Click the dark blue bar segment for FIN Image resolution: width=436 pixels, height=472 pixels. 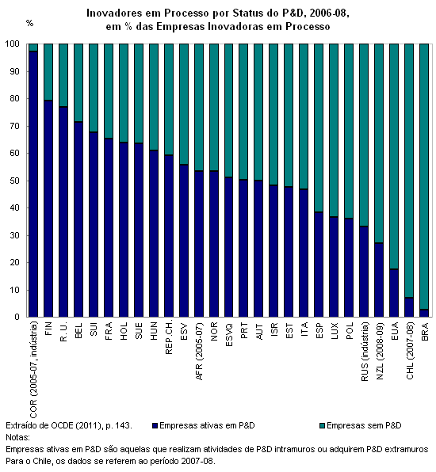pyautogui.click(x=48, y=208)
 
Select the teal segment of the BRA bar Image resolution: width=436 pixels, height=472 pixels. pyautogui.click(x=424, y=177)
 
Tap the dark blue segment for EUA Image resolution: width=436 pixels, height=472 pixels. pyautogui.click(x=394, y=293)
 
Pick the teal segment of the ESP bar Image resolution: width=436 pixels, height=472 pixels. pyautogui.click(x=319, y=128)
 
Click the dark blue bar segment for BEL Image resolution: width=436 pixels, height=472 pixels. pyautogui.click(x=78, y=219)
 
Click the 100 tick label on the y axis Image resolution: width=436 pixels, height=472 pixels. pyautogui.click(x=12, y=44)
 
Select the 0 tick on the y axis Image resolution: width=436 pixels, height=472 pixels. pyautogui.click(x=17, y=317)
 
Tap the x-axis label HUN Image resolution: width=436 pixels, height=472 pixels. pyautogui.click(x=153, y=331)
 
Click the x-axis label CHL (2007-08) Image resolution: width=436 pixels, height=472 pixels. pyautogui.click(x=410, y=351)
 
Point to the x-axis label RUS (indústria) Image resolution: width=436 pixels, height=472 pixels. pyautogui.click(x=365, y=352)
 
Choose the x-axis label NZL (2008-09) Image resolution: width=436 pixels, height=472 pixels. pyautogui.click(x=380, y=351)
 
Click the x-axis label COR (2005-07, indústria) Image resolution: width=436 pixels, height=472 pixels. pyautogui.click(x=33, y=370)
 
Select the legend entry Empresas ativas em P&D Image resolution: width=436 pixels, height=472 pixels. pyautogui.click(x=204, y=425)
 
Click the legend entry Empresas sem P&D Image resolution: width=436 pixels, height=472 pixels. pyautogui.click(x=361, y=425)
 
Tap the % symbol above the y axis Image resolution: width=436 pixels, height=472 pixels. pyautogui.click(x=29, y=23)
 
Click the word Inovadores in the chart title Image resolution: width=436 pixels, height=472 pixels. pyautogui.click(x=114, y=13)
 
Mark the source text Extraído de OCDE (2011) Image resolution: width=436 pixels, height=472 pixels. pyautogui.click(x=55, y=425)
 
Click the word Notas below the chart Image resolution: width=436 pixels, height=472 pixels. pyautogui.click(x=17, y=437)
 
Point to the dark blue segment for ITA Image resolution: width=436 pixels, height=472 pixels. pyautogui.click(x=304, y=253)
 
